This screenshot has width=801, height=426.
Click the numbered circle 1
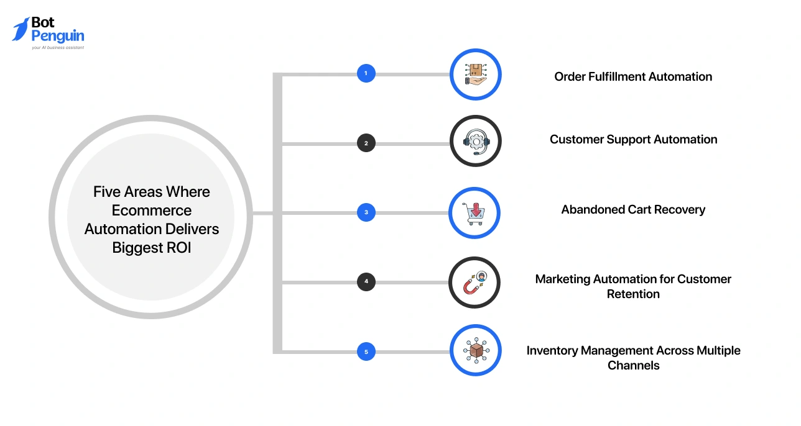[366, 74]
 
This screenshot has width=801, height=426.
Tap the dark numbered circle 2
[366, 143]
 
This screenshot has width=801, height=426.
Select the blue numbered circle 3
[366, 212]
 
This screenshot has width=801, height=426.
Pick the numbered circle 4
[366, 282]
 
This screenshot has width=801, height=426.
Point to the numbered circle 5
[366, 352]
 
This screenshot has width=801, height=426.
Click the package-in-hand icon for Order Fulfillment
[475, 75]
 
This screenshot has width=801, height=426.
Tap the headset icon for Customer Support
[475, 142]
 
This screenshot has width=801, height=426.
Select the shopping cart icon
[475, 212]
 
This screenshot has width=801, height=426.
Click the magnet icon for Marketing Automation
[475, 283]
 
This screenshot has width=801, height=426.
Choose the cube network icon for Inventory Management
[475, 351]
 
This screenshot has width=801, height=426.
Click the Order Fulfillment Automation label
[633, 77]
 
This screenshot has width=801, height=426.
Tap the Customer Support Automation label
[633, 140]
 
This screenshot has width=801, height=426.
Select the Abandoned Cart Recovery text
[633, 210]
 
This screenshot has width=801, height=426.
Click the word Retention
[633, 294]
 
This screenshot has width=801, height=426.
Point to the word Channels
[633, 366]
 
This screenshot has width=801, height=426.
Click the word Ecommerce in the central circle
[152, 211]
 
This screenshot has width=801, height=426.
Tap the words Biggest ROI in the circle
[152, 248]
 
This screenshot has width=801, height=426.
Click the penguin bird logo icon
[21, 29]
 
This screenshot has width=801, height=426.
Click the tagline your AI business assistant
[57, 47]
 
